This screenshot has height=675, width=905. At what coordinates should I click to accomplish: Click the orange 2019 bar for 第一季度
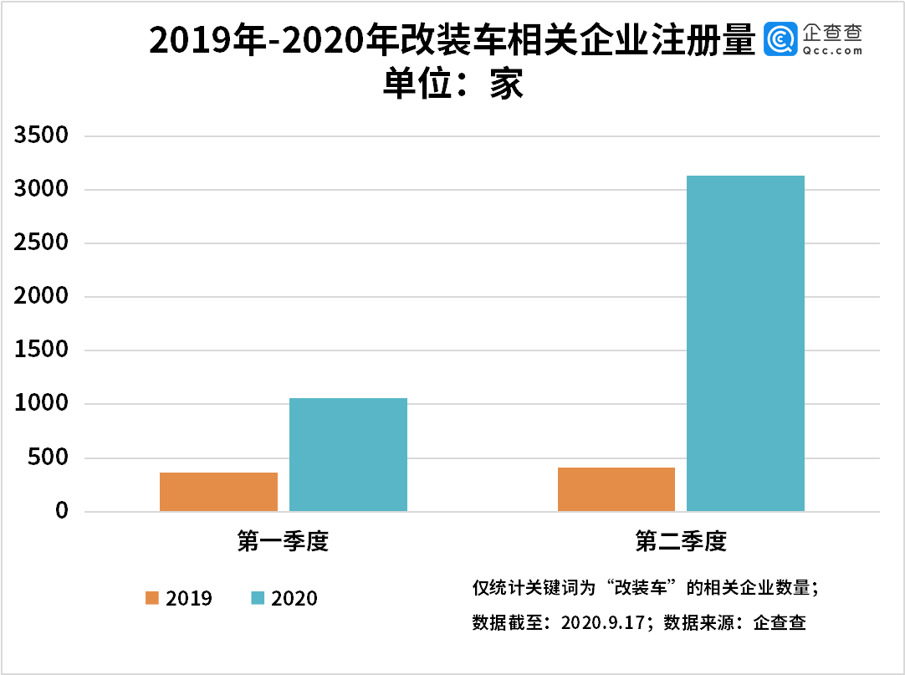[x=218, y=492]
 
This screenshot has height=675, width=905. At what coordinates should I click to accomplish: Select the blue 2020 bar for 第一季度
[x=348, y=454]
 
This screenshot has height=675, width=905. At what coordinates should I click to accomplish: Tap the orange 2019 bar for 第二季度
[x=616, y=489]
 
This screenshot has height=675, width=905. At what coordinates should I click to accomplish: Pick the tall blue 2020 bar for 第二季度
[x=745, y=343]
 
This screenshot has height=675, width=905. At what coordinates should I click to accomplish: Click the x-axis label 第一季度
[x=283, y=541]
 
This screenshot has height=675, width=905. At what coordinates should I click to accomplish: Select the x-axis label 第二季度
[x=681, y=541]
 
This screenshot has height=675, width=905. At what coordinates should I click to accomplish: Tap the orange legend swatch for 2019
[x=152, y=598]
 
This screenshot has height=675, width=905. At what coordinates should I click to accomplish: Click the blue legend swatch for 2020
[x=258, y=598]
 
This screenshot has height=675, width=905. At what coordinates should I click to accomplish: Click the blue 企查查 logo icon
[x=780, y=39]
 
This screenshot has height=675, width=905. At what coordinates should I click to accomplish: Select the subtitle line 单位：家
[x=452, y=84]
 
